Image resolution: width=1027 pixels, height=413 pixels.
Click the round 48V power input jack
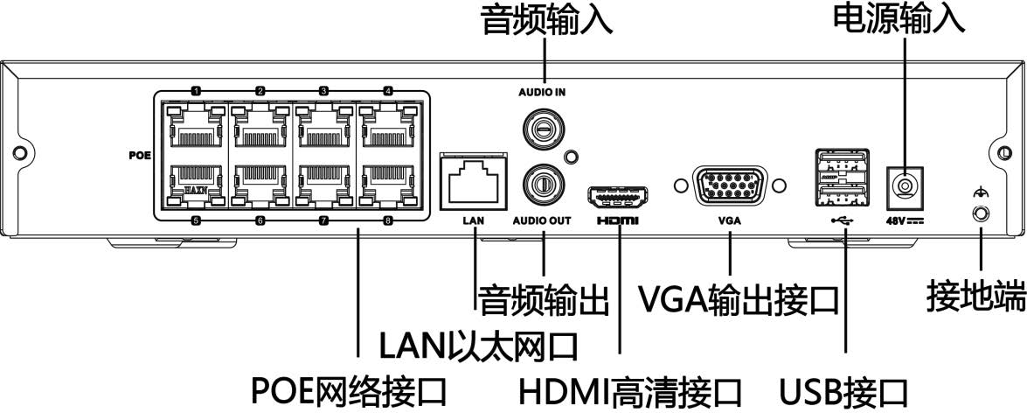(906, 185)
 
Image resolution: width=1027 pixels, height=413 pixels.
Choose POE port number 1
(196, 131)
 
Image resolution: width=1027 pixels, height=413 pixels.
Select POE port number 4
(387, 131)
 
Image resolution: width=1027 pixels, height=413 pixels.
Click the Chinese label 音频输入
(546, 21)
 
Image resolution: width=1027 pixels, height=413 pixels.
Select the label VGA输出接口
(739, 299)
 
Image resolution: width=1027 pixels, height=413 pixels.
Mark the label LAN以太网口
(477, 345)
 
